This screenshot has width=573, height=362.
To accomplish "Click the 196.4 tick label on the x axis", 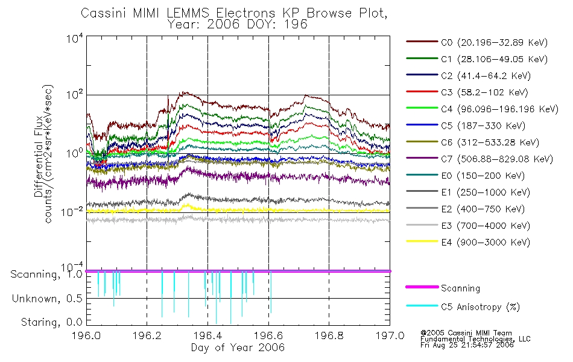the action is [207, 335].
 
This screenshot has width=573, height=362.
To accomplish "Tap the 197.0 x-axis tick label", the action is [390, 335].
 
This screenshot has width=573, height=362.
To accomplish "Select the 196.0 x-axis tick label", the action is [87, 335].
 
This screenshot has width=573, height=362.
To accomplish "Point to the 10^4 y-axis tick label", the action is [75, 38].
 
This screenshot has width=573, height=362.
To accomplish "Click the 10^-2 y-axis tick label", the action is [72, 211].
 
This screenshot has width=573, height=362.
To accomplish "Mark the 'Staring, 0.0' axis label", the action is [51, 322].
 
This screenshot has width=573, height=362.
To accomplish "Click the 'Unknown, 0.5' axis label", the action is [47, 299].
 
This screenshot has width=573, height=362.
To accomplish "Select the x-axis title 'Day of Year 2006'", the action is [238, 348].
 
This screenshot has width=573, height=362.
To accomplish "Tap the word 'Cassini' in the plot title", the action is [103, 13].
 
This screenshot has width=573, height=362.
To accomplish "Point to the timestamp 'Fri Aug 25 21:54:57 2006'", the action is [467, 345].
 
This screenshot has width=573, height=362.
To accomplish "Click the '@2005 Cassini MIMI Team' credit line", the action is [466, 333].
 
